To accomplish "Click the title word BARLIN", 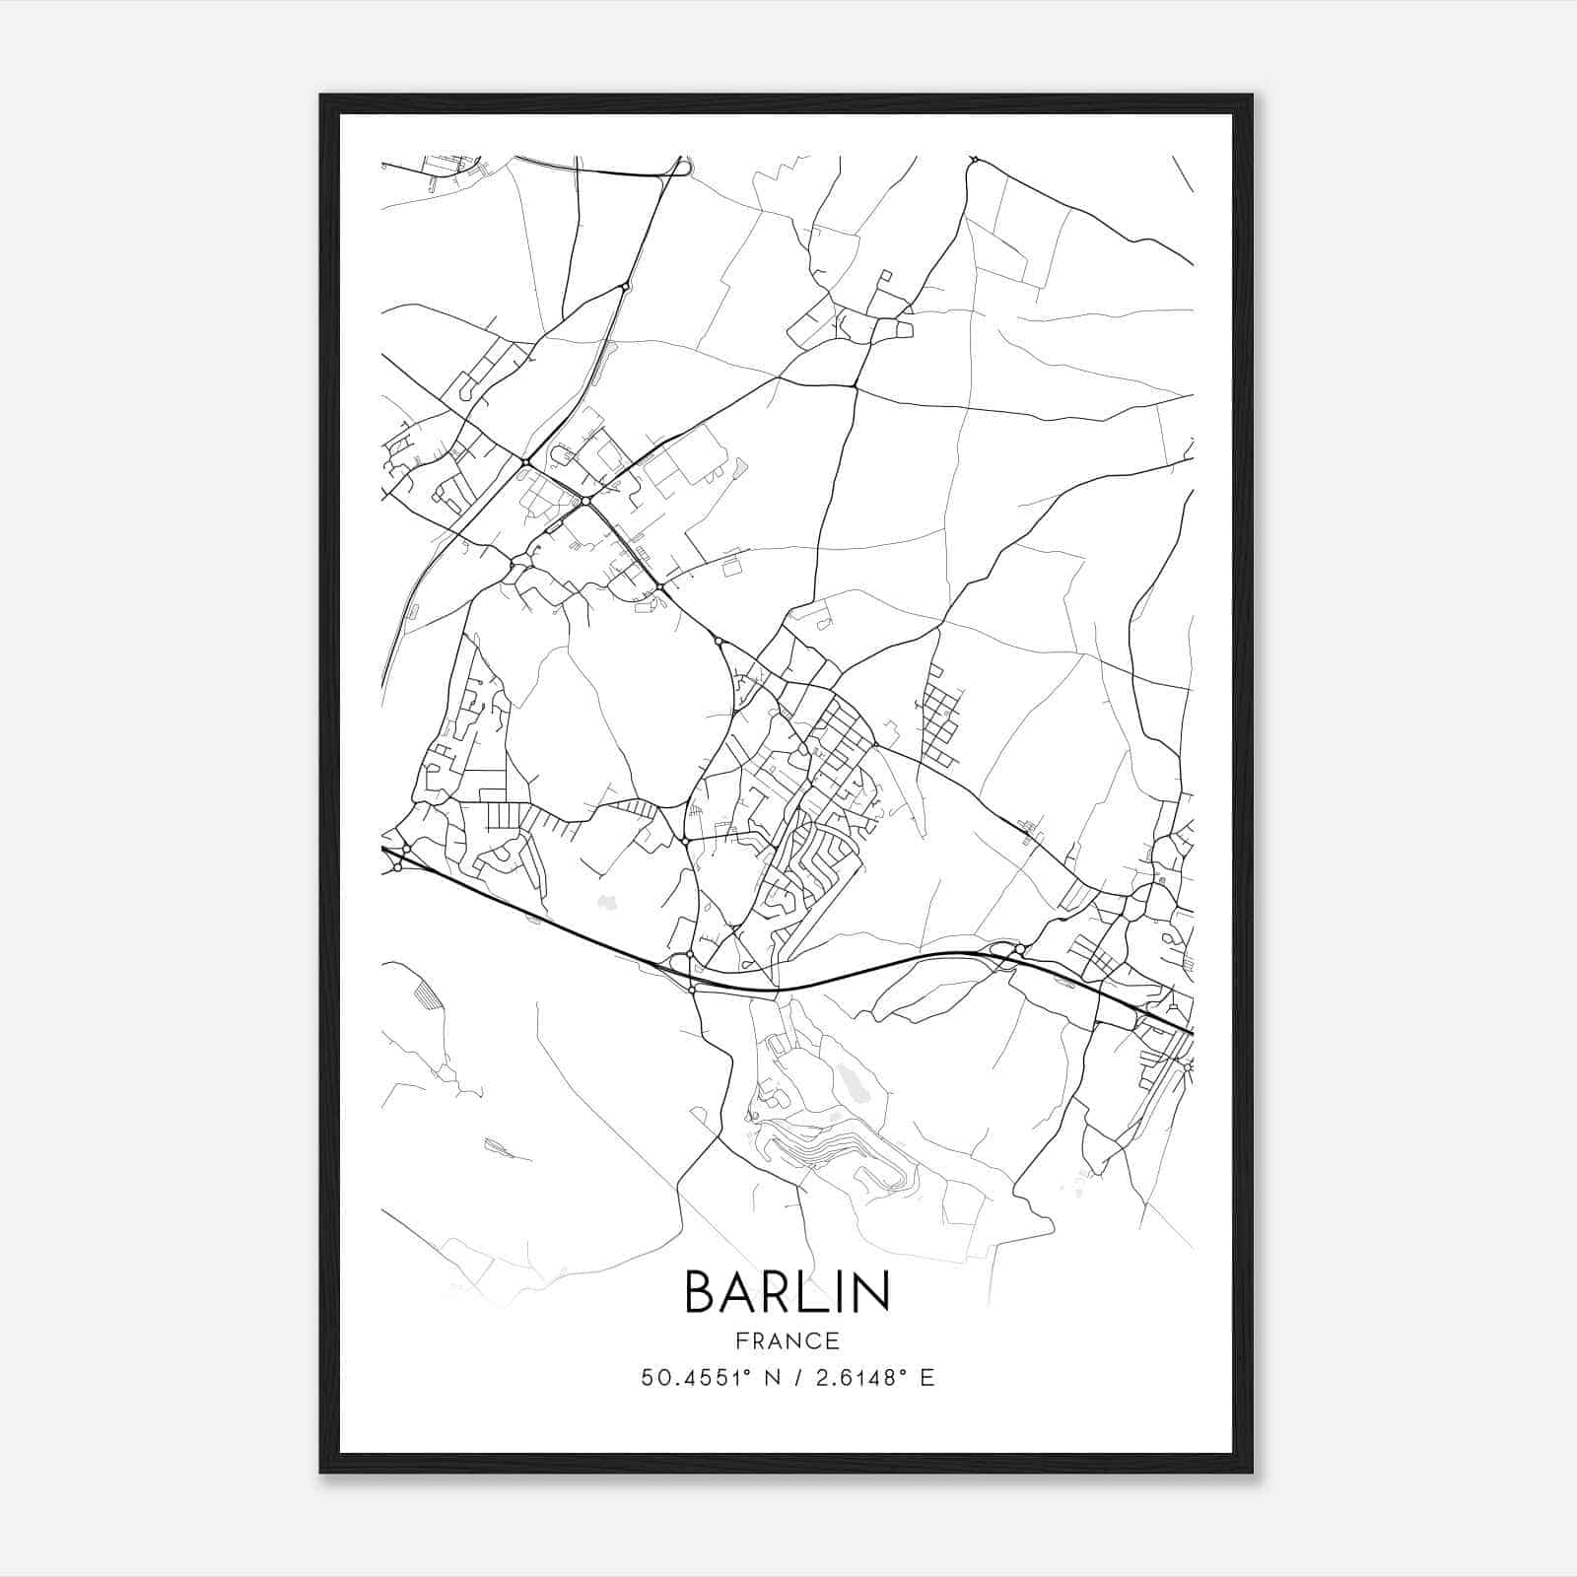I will tap(787, 1291).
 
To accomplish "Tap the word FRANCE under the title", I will tap(787, 1340).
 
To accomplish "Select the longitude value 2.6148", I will tap(853, 1378).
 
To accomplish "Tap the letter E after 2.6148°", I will tap(926, 1378).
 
